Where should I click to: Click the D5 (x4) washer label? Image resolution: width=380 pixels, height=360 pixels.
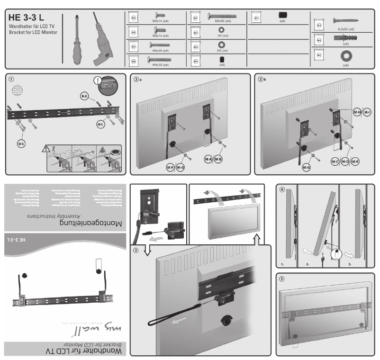coord(222,36)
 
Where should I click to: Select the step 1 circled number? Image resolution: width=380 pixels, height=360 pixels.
coord(13,80)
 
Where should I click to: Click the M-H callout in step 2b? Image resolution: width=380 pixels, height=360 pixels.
coord(357,112)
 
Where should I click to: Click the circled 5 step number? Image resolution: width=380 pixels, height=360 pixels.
coord(282,279)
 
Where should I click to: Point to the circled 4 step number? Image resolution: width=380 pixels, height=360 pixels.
coord(282,191)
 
